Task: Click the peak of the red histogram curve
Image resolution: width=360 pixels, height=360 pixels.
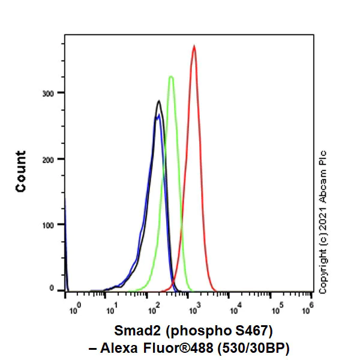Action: pyautogui.click(x=194, y=46)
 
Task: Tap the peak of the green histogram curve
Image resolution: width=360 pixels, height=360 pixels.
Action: pyautogui.click(x=171, y=77)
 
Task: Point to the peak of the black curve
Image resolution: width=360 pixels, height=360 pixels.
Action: pyautogui.click(x=159, y=101)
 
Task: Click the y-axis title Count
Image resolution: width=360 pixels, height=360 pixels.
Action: pyautogui.click(x=21, y=172)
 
